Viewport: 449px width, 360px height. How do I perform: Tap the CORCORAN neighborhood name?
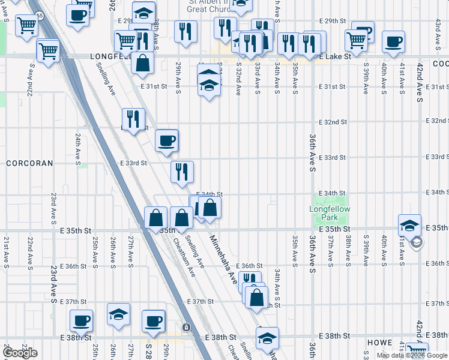pyautogui.click(x=30, y=163)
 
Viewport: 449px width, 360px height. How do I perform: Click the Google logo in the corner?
pyautogui.click(x=20, y=353)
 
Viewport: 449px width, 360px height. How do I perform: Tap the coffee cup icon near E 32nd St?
pyautogui.click(x=167, y=140)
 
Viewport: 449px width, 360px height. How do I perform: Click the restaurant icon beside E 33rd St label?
pyautogui.click(x=181, y=172)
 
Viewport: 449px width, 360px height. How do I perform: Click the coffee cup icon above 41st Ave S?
pyautogui.click(x=393, y=41)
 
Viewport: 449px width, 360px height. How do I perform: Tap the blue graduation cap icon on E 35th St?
pyautogui.click(x=409, y=226)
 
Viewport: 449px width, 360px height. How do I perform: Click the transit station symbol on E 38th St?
pyautogui.click(x=187, y=327)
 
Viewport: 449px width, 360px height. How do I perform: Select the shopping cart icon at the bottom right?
pyautogui.click(x=417, y=351)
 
